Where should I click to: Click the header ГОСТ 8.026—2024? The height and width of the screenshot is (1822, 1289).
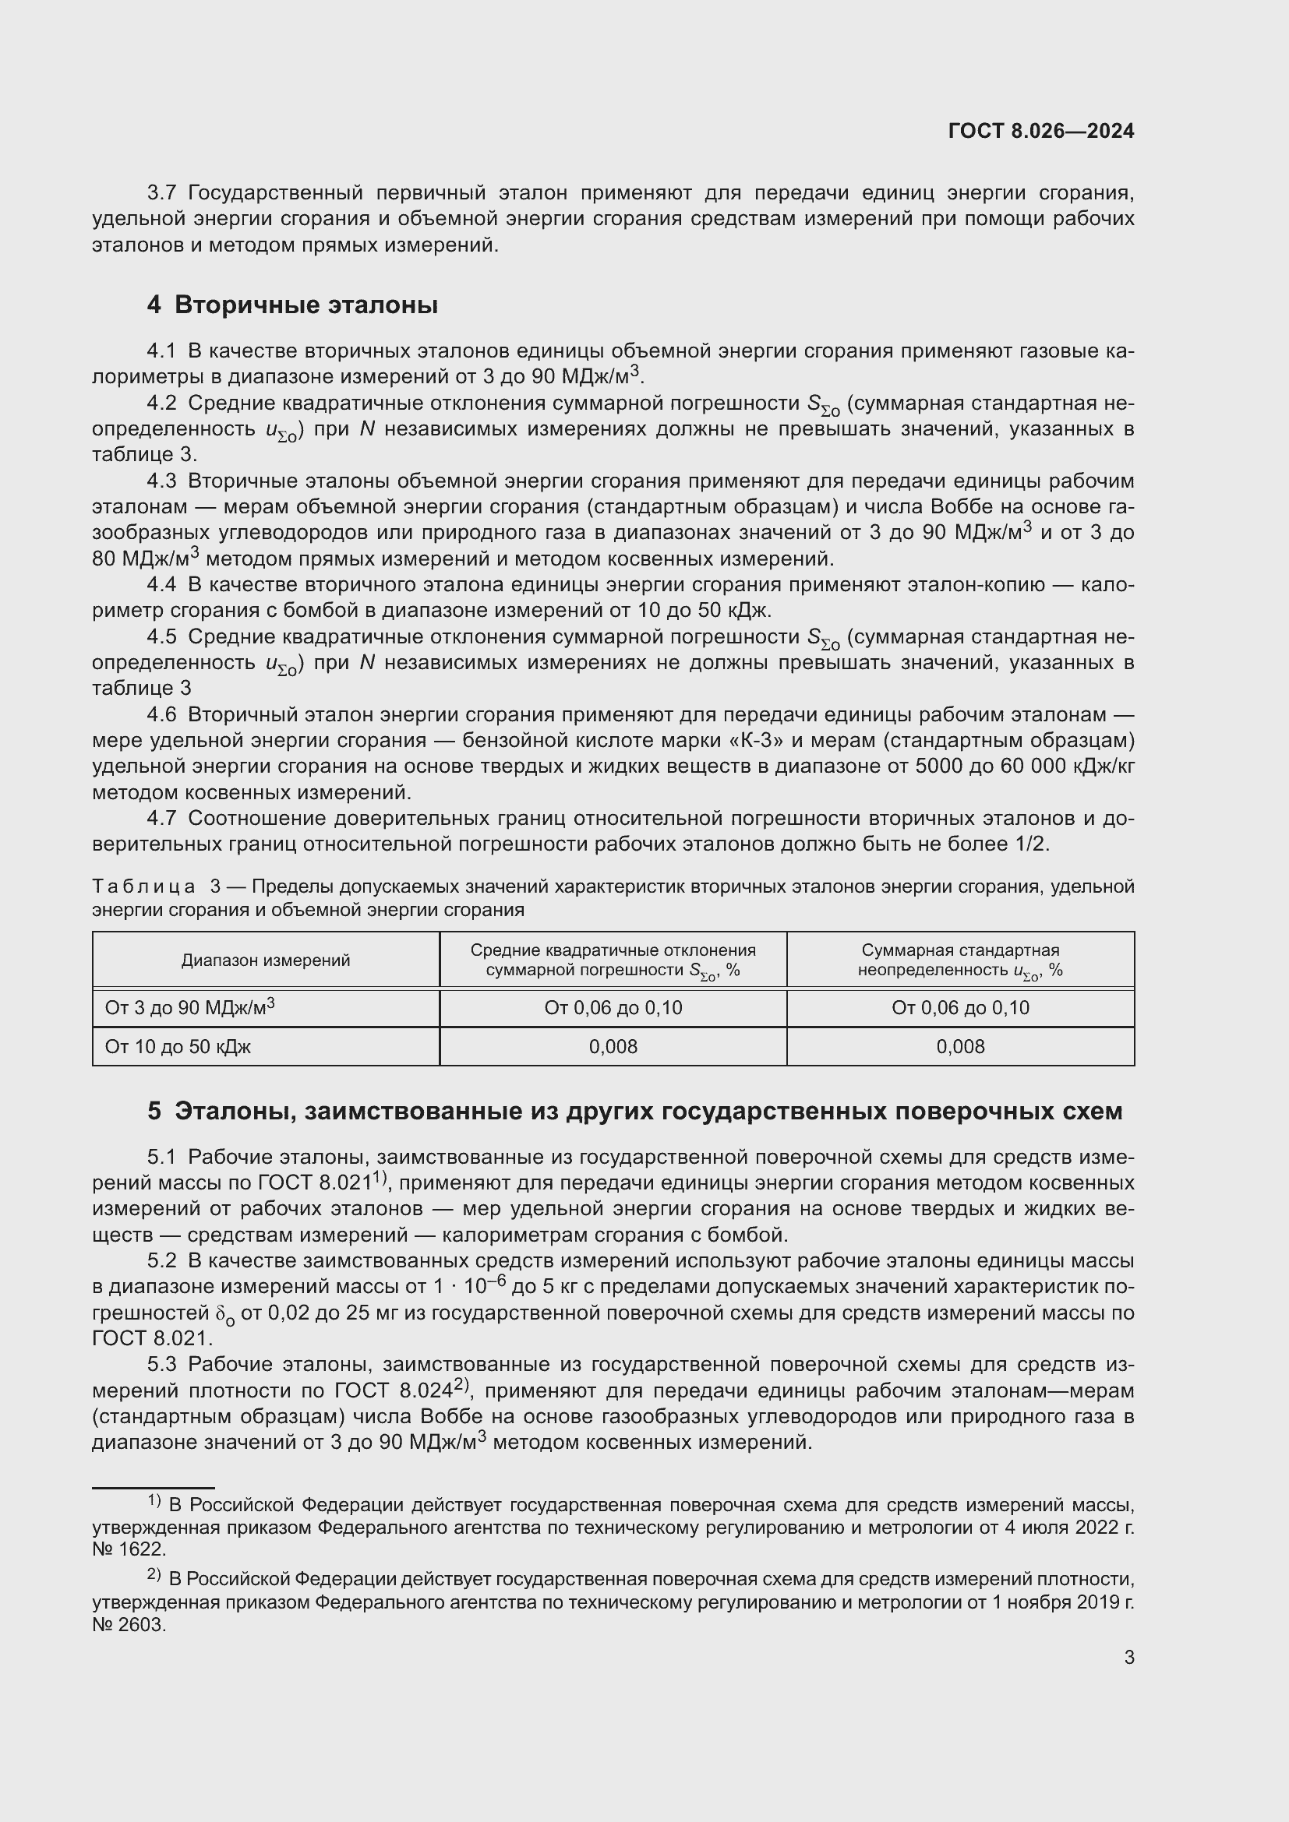tap(1040, 131)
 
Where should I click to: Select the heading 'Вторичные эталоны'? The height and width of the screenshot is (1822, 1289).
tap(305, 305)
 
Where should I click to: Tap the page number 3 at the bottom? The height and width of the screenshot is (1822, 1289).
tap(1128, 1657)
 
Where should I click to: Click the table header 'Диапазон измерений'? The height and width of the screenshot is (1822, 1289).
tap(266, 960)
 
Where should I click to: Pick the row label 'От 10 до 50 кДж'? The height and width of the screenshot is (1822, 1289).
tap(178, 1047)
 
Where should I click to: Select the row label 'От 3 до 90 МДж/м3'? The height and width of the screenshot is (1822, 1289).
tap(189, 1008)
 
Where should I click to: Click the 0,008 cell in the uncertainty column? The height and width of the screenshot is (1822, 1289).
tap(959, 1047)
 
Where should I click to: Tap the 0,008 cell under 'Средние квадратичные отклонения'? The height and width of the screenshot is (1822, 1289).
tap(613, 1047)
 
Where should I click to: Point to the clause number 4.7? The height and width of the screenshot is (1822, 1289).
tap(161, 818)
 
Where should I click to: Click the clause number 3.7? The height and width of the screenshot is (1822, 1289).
tap(161, 193)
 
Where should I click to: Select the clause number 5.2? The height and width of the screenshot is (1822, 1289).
tap(161, 1260)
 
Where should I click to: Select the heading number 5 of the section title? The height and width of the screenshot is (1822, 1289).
tap(154, 1111)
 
